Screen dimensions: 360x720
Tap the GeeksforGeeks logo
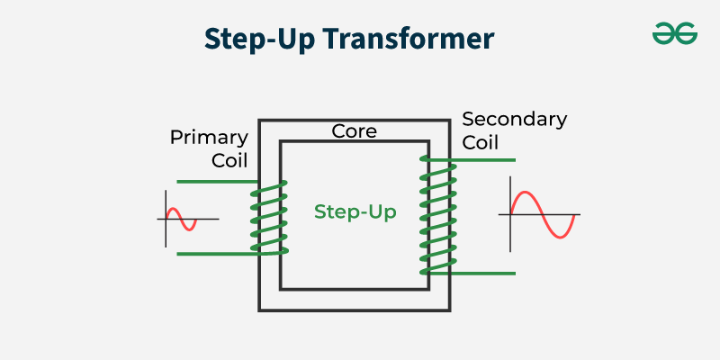[675, 33]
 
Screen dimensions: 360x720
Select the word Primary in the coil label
[209, 138]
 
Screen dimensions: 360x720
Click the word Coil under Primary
[228, 160]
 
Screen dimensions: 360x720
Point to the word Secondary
[514, 120]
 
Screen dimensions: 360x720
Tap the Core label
[355, 131]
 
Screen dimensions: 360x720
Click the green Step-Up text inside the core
[355, 212]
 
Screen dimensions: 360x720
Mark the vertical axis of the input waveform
[166, 218]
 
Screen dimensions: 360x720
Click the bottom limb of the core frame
[355, 301]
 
